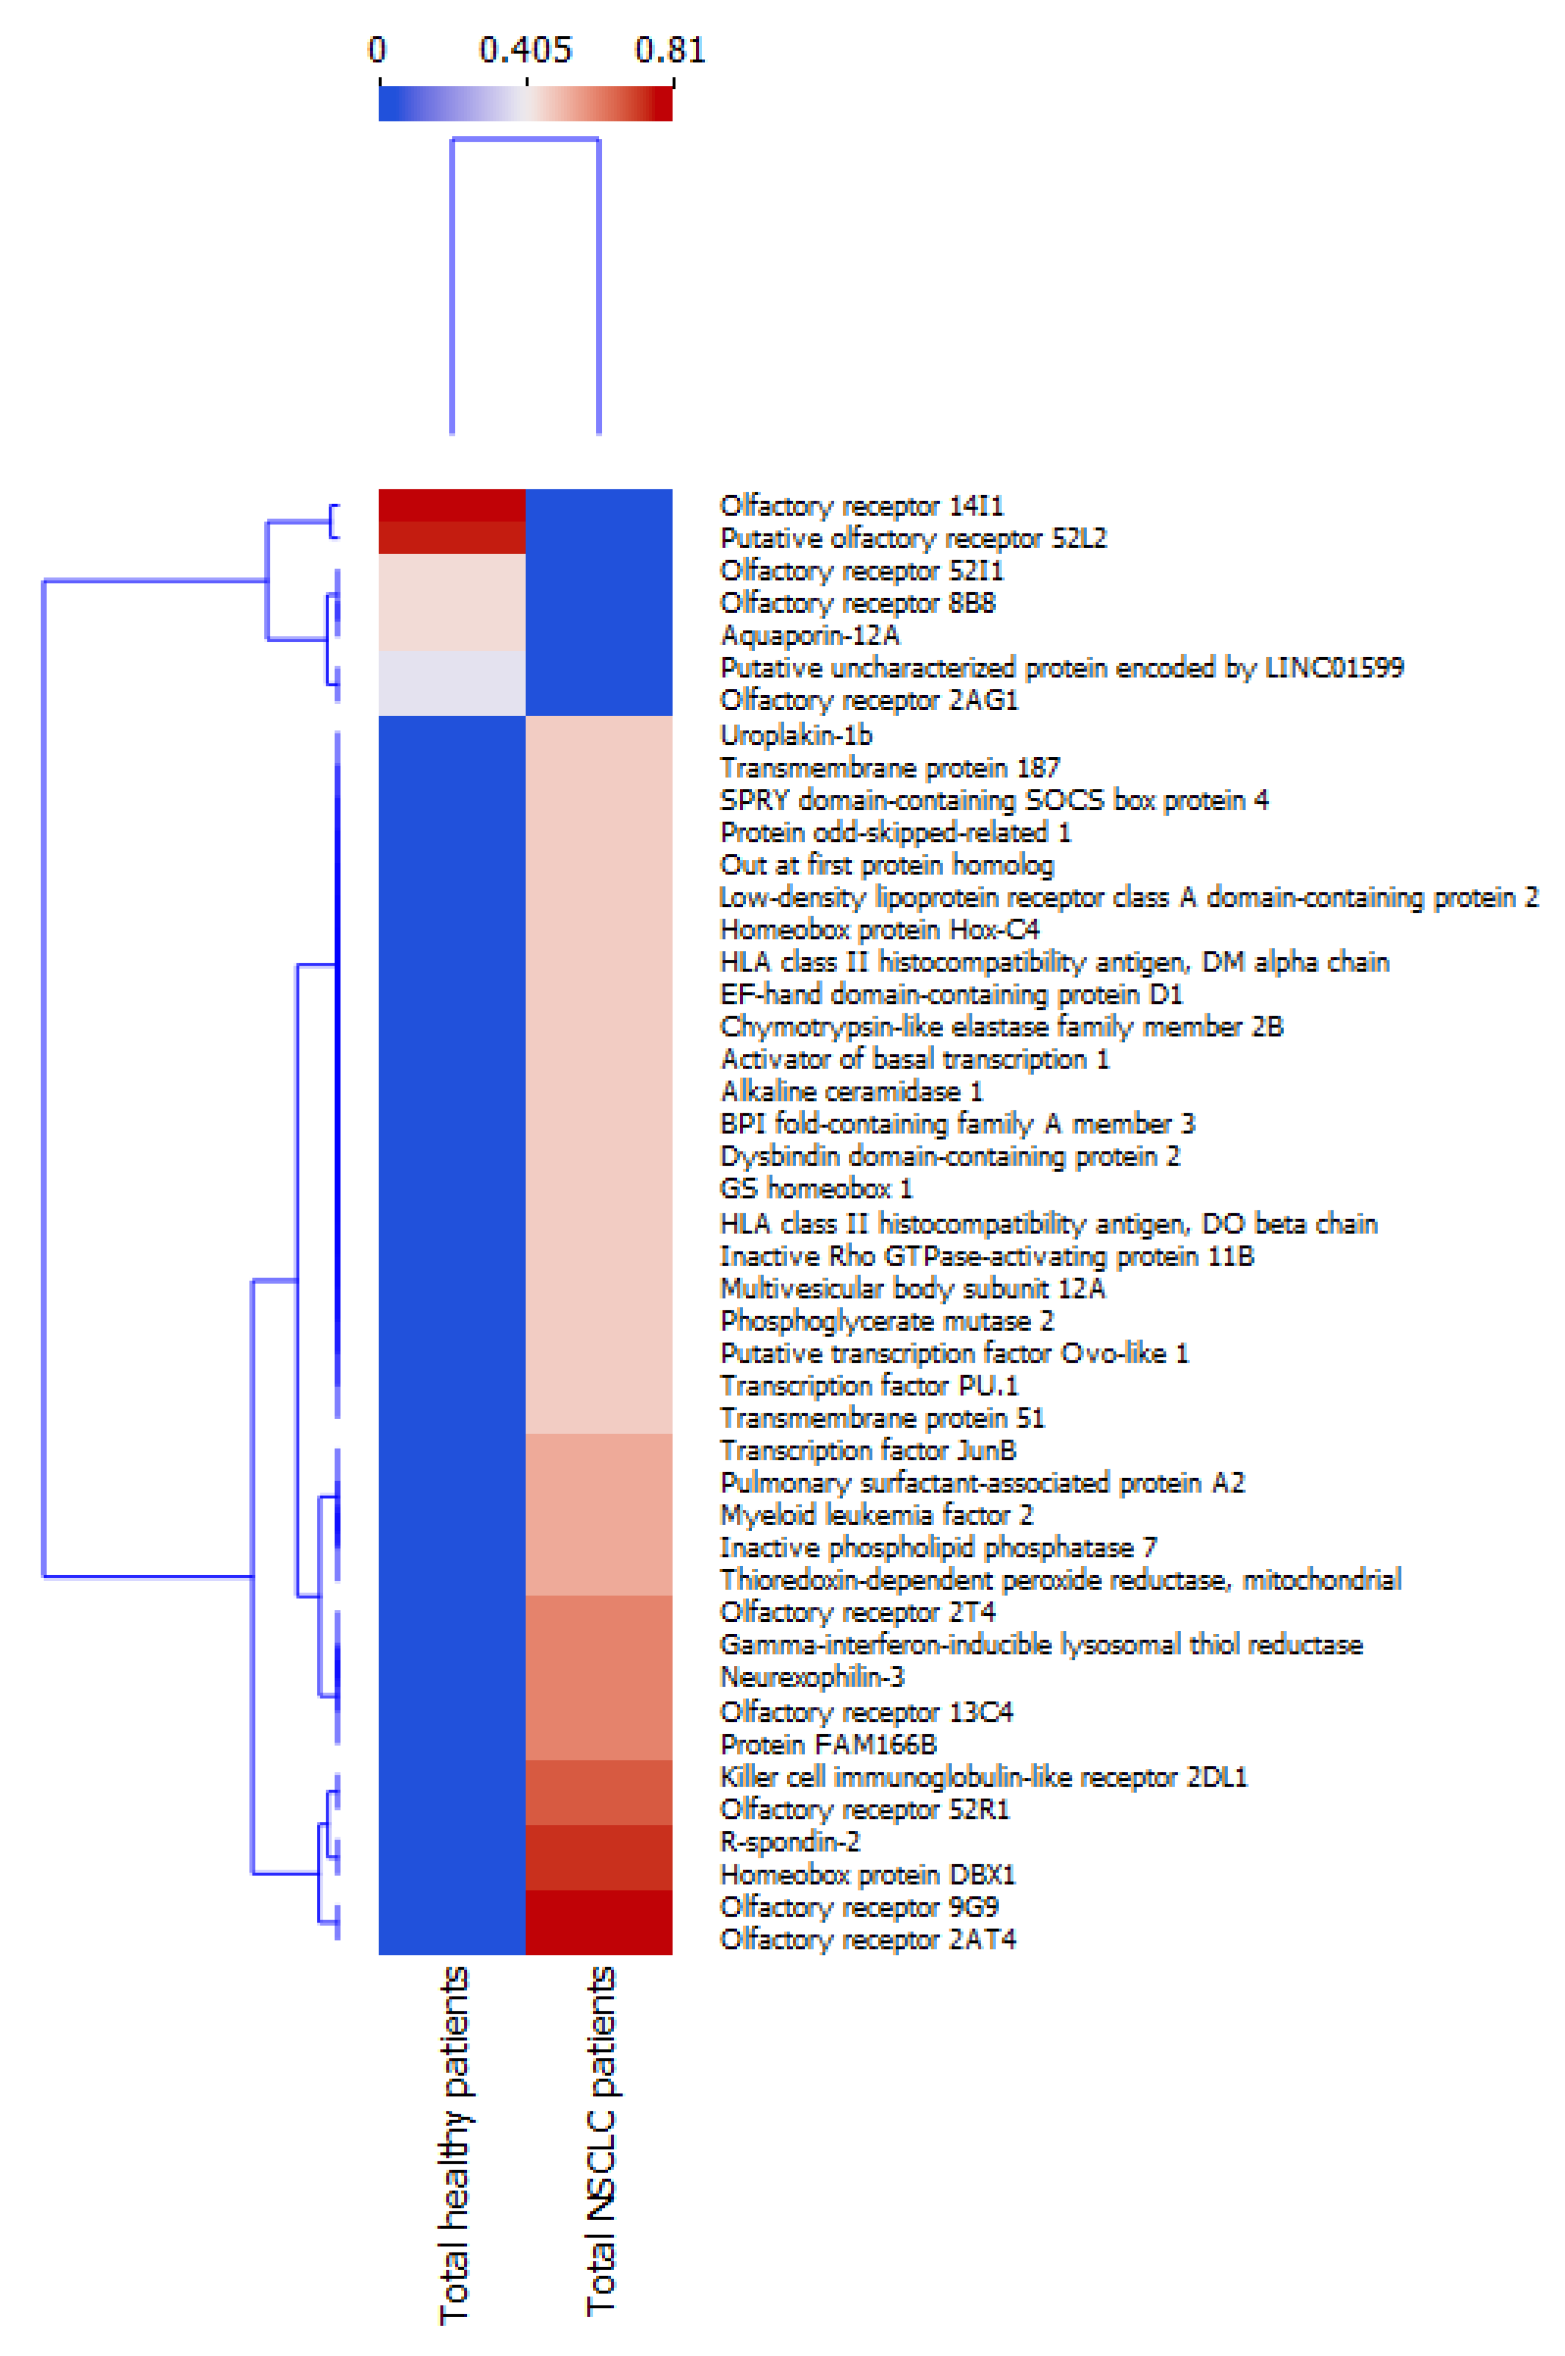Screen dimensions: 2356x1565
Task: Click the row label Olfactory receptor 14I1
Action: (861, 506)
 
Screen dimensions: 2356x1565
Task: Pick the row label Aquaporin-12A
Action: (810, 635)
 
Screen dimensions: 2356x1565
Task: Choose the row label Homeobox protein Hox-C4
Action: (880, 929)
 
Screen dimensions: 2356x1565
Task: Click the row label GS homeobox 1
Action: (815, 1188)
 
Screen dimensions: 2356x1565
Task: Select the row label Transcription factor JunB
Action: (867, 1450)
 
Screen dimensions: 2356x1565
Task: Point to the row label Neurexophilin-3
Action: (811, 1676)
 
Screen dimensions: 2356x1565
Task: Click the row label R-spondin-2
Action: (790, 1841)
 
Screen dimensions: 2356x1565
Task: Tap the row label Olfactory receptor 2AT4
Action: (867, 1938)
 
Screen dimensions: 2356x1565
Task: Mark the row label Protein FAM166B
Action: (827, 1744)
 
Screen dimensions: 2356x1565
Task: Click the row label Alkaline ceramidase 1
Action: (851, 1091)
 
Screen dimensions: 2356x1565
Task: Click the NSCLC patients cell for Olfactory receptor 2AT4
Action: (599, 1938)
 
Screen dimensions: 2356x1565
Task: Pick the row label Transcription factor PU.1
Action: (868, 1386)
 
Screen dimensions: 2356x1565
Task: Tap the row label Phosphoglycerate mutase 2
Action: (887, 1321)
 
